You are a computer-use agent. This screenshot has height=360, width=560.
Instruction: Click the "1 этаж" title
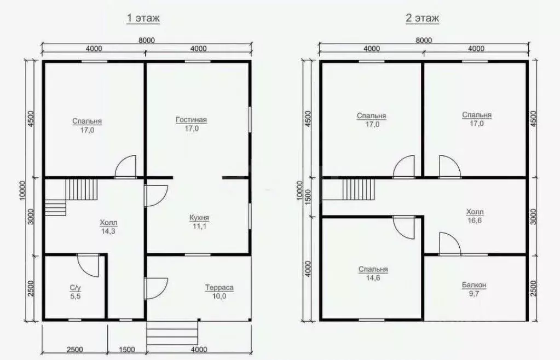tap(143, 19)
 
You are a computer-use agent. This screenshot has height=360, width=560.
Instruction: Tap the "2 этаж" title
tap(422, 19)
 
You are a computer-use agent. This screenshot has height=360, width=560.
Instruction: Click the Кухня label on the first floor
tap(199, 218)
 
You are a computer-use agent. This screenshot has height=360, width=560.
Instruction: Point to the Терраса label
tap(220, 287)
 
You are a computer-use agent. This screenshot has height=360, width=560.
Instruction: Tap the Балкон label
tap(474, 286)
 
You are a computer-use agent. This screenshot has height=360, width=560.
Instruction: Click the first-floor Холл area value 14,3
tap(108, 231)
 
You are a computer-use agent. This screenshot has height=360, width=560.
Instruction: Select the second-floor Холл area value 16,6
tap(475, 220)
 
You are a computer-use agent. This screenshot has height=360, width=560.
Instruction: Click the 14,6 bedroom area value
tap(373, 278)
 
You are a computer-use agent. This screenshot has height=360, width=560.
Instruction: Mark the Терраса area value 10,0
tap(220, 296)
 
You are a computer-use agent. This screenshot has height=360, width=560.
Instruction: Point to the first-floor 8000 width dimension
tap(146, 39)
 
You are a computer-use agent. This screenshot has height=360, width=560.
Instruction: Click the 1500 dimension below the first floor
tap(127, 349)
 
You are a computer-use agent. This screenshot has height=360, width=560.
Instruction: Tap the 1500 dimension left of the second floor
tap(308, 196)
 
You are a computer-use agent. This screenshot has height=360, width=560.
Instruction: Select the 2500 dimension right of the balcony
tap(534, 287)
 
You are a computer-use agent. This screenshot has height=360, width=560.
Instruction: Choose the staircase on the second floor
tap(357, 191)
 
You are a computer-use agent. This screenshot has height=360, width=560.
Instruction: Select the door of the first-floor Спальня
tap(126, 166)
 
